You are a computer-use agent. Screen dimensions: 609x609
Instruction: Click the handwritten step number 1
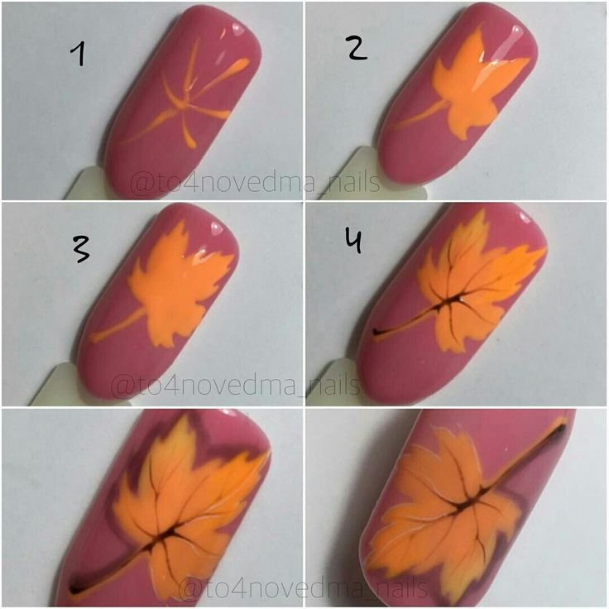pos(79,54)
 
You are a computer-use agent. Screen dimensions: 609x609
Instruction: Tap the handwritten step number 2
pos(357,49)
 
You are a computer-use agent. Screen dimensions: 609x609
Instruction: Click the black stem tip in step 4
pos(376,332)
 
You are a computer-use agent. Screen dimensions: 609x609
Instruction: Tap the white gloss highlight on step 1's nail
pos(236,29)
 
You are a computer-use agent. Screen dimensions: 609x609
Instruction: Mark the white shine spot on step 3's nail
pos(216,228)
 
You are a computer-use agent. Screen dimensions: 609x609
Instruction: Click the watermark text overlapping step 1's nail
pos(255,184)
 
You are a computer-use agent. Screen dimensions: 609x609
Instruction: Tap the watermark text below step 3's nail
pos(236,386)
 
